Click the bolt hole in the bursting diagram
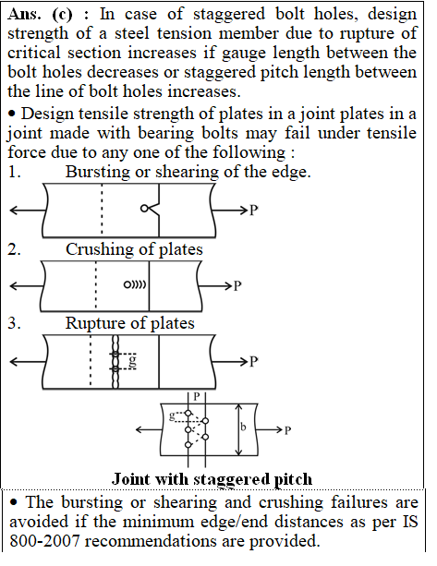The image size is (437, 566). (x=144, y=209)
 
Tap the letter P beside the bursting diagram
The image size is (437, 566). (x=254, y=210)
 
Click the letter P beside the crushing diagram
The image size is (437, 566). (x=237, y=286)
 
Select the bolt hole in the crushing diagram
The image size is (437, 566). (x=127, y=284)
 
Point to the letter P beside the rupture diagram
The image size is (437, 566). (x=254, y=361)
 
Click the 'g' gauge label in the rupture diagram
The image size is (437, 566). (x=133, y=362)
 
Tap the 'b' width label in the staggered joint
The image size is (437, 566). (x=243, y=427)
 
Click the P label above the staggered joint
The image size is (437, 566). (x=197, y=396)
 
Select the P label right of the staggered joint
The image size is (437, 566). (x=287, y=430)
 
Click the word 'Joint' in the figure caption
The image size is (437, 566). (x=130, y=479)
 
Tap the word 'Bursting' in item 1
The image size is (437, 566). (x=97, y=172)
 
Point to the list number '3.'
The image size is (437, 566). (x=14, y=323)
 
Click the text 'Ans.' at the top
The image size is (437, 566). (x=24, y=15)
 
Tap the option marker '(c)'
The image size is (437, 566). (x=63, y=15)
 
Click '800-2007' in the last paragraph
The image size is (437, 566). (x=44, y=541)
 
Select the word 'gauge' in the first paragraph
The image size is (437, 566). (x=243, y=53)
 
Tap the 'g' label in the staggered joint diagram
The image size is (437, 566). (x=173, y=416)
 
